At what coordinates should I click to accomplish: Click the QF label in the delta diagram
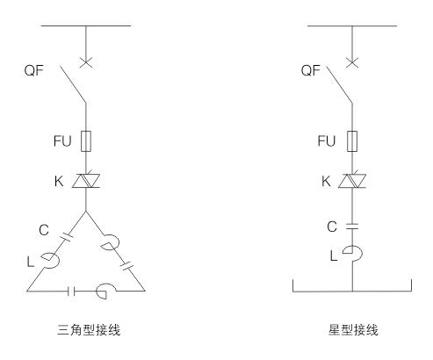33,70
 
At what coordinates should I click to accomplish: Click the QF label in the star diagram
311,70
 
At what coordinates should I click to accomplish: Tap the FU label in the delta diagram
62,141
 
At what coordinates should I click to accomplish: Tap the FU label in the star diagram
327,141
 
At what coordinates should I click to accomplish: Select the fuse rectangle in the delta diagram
86,141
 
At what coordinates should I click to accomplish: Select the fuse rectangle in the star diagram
352,141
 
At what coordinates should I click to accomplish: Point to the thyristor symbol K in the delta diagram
86,180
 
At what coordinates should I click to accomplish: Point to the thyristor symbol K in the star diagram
352,180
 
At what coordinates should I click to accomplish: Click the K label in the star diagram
326,182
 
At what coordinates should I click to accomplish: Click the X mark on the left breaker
86,62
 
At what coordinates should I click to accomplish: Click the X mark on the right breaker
352,62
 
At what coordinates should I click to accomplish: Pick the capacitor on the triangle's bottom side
71,292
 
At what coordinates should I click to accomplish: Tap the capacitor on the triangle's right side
126,266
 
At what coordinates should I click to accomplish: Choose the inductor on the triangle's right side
110,242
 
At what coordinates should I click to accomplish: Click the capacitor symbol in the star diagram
352,227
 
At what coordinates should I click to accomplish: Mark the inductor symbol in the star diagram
353,254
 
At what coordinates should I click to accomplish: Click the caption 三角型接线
89,330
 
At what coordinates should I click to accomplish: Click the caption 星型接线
353,330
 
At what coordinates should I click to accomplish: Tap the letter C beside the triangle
44,230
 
